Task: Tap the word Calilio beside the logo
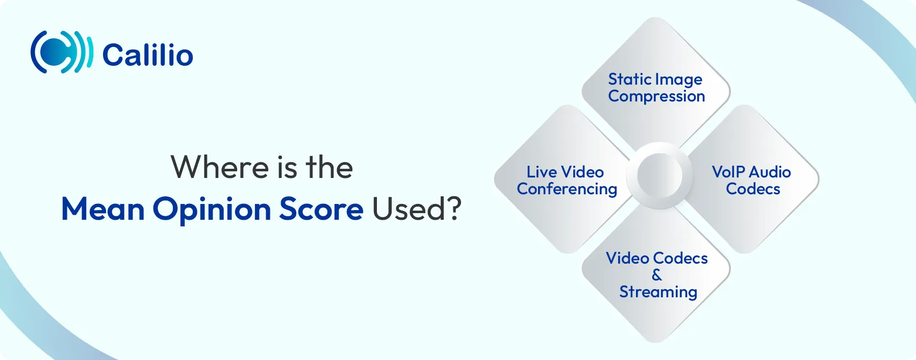(x=148, y=55)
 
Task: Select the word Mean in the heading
(x=103, y=209)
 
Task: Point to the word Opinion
(x=212, y=210)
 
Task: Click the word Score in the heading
(x=321, y=209)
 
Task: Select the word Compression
(x=656, y=96)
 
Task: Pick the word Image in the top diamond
(x=679, y=80)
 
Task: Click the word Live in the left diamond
(x=542, y=172)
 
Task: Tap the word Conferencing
(x=567, y=189)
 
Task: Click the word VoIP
(x=728, y=172)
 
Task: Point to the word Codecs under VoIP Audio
(x=753, y=189)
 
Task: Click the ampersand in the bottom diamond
(x=657, y=275)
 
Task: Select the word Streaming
(x=658, y=292)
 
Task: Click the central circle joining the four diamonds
(x=659, y=175)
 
